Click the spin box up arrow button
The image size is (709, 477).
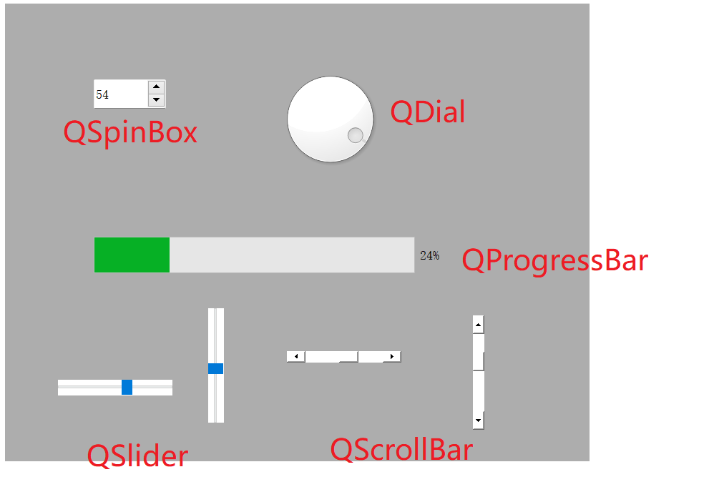tap(157, 87)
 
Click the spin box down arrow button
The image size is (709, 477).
tap(157, 100)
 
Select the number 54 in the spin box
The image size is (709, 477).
tap(102, 94)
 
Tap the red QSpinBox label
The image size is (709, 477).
tap(130, 133)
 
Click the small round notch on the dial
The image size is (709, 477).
tap(355, 135)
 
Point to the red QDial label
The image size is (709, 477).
tap(427, 113)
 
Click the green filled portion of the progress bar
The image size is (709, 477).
tap(132, 255)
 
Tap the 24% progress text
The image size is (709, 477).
tap(429, 255)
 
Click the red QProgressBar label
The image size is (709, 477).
tap(554, 260)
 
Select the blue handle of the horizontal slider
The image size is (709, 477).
tap(127, 387)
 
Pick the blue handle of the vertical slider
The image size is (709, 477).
tap(215, 368)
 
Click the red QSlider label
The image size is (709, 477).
tap(137, 456)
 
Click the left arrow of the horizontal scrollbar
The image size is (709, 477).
tap(295, 356)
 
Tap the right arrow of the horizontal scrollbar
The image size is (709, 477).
tap(391, 356)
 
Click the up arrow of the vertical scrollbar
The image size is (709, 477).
tap(478, 325)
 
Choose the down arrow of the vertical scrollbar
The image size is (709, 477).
tap(478, 421)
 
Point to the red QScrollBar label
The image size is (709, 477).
tap(401, 450)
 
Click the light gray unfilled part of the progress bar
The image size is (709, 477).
tap(291, 255)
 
